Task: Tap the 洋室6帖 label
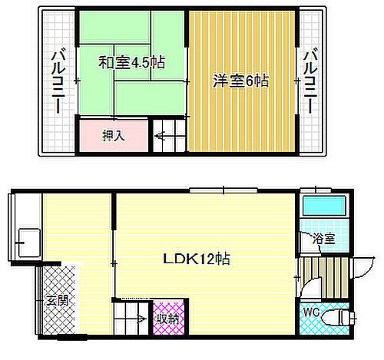click(x=240, y=81)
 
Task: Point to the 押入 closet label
click(x=114, y=137)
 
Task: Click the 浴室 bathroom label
click(x=323, y=239)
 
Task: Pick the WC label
click(x=310, y=313)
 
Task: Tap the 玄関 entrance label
click(x=58, y=299)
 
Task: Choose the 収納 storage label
click(x=167, y=317)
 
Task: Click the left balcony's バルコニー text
click(x=58, y=80)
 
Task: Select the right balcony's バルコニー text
click(x=310, y=80)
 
